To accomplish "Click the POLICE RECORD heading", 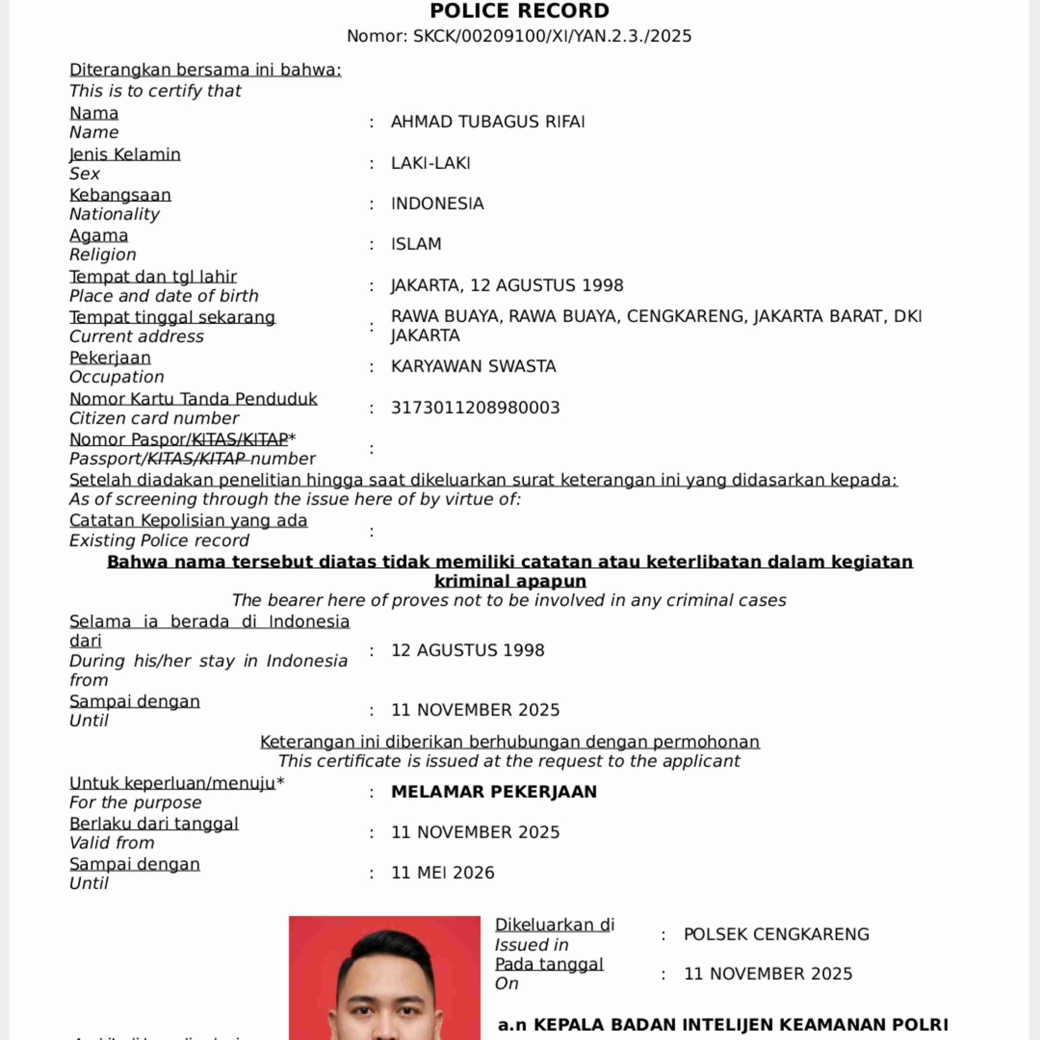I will (519, 11).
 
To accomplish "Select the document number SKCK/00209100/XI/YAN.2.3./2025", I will (552, 36).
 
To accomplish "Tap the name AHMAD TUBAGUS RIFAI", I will (488, 122).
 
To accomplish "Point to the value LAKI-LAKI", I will (431, 163).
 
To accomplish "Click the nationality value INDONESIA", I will (437, 203).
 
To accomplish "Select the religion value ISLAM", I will (416, 244).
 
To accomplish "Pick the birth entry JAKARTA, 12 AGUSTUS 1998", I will (507, 285).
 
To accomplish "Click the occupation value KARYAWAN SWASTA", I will (473, 367).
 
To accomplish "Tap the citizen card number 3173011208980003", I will (475, 408).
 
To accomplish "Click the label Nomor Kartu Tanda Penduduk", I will (193, 399).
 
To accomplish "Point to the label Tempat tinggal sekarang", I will (172, 317).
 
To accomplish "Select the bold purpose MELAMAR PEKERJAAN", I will (494, 792).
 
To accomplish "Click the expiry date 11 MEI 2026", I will (442, 872).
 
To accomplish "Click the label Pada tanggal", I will (549, 964).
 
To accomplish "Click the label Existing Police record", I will (159, 541).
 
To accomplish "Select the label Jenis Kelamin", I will (125, 155).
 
